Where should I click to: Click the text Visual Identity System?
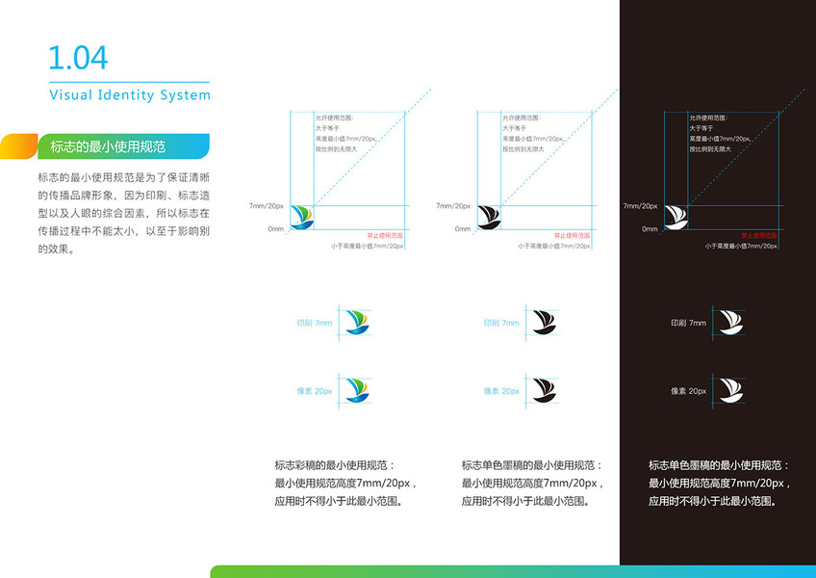pyautogui.click(x=129, y=95)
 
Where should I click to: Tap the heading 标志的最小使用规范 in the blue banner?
pyautogui.click(x=108, y=147)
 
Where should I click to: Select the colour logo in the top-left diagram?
pyautogui.click(x=303, y=218)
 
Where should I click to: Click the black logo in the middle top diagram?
pyautogui.click(x=490, y=218)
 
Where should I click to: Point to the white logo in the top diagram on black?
pyautogui.click(x=676, y=218)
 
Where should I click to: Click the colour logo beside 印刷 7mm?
pyautogui.click(x=357, y=322)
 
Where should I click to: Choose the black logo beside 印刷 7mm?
pyautogui.click(x=544, y=322)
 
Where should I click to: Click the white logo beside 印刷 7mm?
pyautogui.click(x=730, y=322)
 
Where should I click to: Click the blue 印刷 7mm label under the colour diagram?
pyautogui.click(x=315, y=323)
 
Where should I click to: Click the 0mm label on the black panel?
pyautogui.click(x=650, y=229)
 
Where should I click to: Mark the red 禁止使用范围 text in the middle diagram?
pyautogui.click(x=571, y=235)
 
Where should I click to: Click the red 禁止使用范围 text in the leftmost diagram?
pyautogui.click(x=384, y=235)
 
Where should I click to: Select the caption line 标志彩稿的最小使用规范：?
pyautogui.click(x=334, y=464)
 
